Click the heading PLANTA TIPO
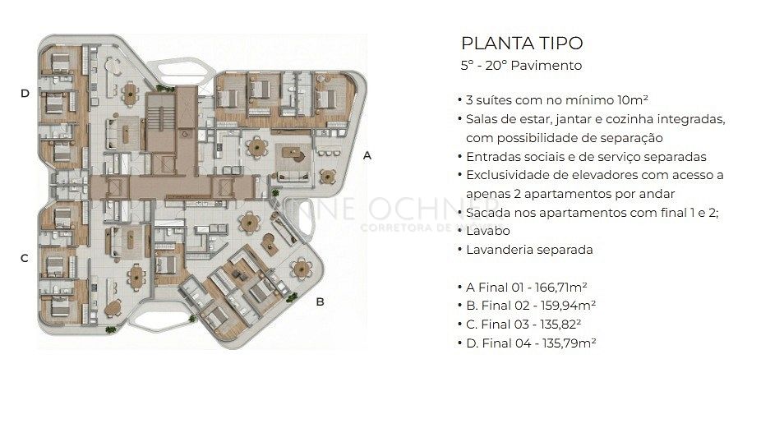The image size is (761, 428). (x=522, y=44)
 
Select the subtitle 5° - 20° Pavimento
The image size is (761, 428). (x=521, y=66)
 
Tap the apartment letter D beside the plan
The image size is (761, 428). (x=25, y=93)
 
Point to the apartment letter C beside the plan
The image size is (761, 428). (x=25, y=258)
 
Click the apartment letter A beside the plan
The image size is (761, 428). (x=367, y=156)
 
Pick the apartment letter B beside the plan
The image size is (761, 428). (x=320, y=301)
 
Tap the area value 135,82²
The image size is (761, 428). (x=560, y=324)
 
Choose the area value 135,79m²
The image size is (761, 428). (x=570, y=343)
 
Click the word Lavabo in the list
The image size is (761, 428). (x=488, y=231)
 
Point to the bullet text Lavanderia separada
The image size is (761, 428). (x=529, y=250)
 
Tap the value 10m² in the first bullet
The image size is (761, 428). (x=633, y=100)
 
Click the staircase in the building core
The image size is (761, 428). (x=160, y=117)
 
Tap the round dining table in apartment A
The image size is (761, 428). (x=256, y=146)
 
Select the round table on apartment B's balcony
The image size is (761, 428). (x=302, y=269)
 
